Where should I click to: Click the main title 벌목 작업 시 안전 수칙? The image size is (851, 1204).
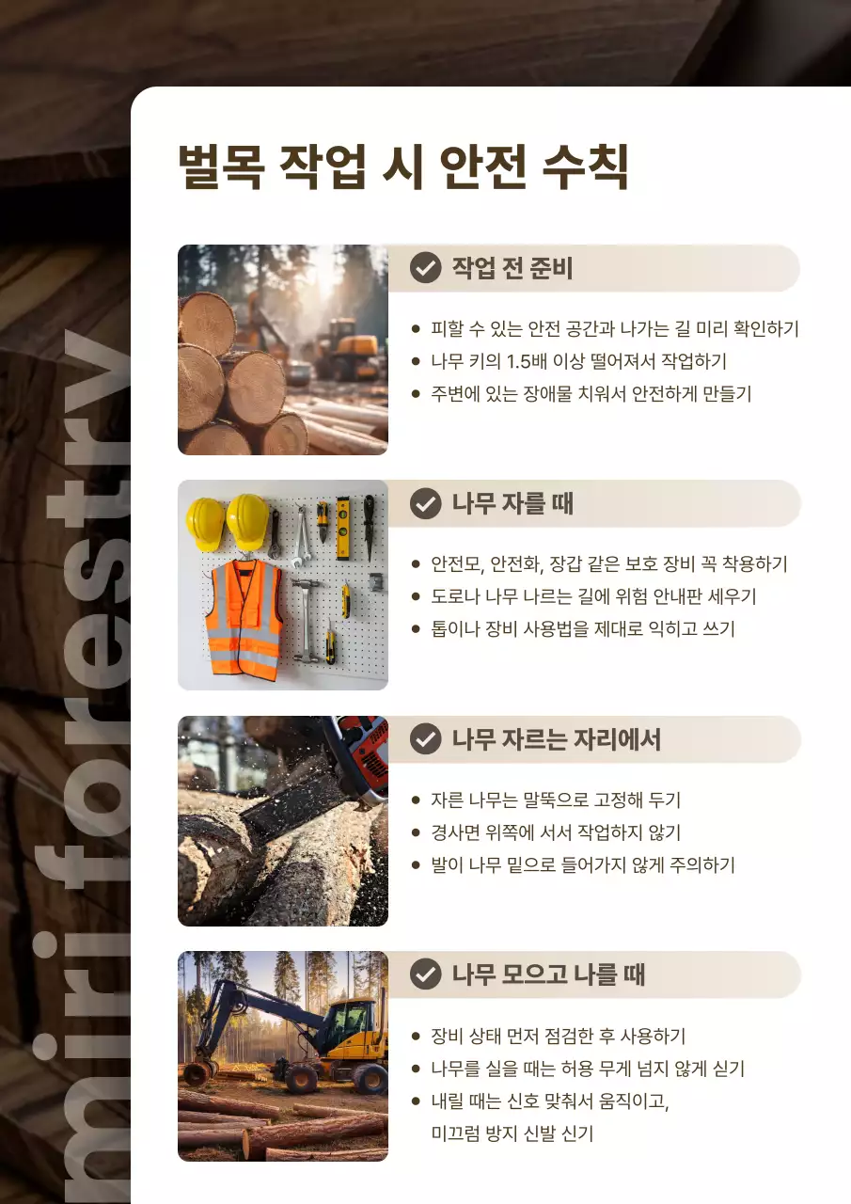(x=402, y=168)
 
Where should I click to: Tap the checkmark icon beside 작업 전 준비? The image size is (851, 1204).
(x=426, y=268)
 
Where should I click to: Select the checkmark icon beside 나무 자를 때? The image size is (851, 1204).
(x=426, y=503)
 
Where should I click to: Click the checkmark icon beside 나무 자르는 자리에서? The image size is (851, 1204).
(x=426, y=739)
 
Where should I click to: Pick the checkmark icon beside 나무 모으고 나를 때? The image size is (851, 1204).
(x=426, y=974)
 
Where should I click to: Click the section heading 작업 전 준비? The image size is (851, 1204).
(x=512, y=268)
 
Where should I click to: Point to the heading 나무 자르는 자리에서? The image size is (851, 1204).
(x=556, y=739)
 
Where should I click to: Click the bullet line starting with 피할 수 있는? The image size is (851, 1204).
(x=614, y=329)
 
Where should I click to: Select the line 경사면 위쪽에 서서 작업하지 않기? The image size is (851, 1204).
(x=556, y=832)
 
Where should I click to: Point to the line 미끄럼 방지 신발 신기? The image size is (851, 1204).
(x=512, y=1133)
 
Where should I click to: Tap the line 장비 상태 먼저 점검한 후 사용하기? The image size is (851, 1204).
(x=558, y=1037)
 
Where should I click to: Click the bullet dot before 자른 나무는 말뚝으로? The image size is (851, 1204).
(x=416, y=800)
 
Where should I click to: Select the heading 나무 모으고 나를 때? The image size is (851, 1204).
(x=548, y=974)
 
